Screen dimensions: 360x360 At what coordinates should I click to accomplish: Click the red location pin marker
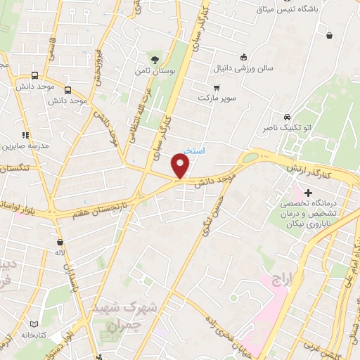pyautogui.click(x=181, y=166)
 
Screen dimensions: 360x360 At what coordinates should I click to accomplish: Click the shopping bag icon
pyautogui.click(x=329, y=35)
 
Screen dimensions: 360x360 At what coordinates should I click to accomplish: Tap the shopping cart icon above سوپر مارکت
pyautogui.click(x=217, y=88)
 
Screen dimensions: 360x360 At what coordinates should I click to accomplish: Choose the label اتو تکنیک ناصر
pyautogui.click(x=287, y=129)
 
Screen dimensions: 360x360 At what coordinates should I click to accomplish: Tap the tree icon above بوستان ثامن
pyautogui.click(x=155, y=59)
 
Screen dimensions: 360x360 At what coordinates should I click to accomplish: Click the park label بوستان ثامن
pyautogui.click(x=155, y=71)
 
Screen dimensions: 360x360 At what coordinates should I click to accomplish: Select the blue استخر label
pyautogui.click(x=194, y=150)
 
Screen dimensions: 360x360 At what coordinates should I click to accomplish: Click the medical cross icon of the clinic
pyautogui.click(x=308, y=191)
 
